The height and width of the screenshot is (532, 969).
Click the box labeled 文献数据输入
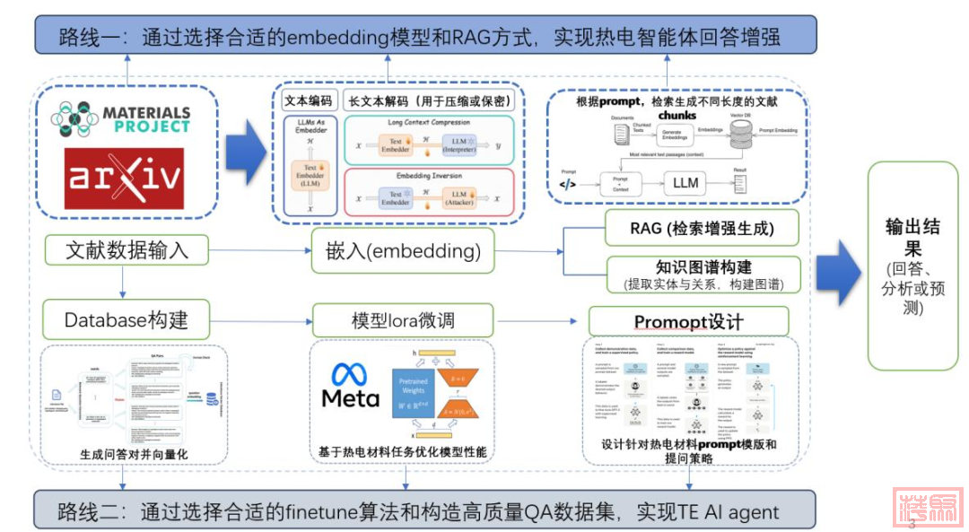pyautogui.click(x=127, y=250)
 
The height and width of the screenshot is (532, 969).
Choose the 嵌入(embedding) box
pyautogui.click(x=403, y=251)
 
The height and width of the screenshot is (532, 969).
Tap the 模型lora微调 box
pyautogui.click(x=403, y=320)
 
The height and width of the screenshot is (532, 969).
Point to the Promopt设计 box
pyautogui.click(x=688, y=321)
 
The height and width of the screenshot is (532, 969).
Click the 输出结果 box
pyautogui.click(x=912, y=266)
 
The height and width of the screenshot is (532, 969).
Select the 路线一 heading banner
pyautogui.click(x=426, y=37)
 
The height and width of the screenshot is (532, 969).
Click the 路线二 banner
pyautogui.click(x=425, y=510)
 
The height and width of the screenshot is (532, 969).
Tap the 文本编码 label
pyautogui.click(x=308, y=100)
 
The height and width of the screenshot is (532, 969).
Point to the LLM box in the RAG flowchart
pyautogui.click(x=685, y=183)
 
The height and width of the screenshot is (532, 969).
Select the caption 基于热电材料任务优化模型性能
pyautogui.click(x=403, y=452)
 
